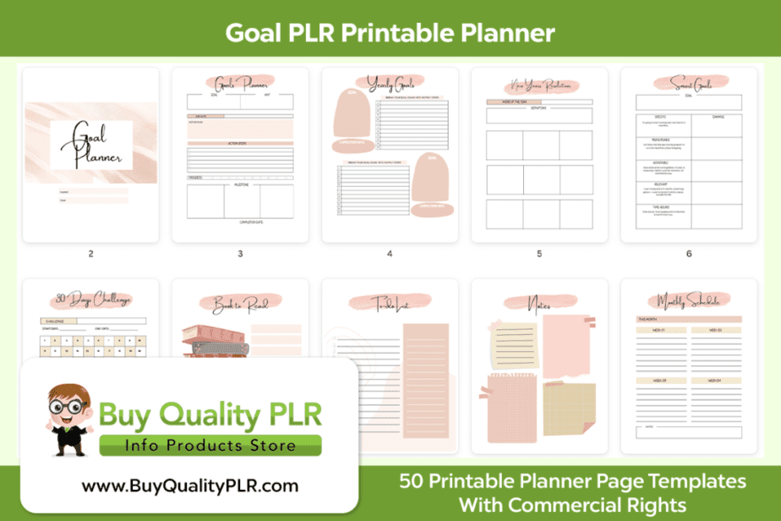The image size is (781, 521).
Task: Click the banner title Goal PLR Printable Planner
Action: pos(390,32)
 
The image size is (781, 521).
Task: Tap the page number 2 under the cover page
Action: pos(90,253)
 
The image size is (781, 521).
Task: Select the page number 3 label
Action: pos(240,253)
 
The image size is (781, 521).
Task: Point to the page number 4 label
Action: pos(390,253)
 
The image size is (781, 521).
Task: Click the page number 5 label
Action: pos(539,253)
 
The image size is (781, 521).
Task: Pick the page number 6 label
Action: pos(689,253)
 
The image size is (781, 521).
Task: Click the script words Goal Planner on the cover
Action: pos(90,145)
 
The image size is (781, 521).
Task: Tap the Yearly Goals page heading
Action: pos(390,83)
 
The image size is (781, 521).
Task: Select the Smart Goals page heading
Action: pos(689,83)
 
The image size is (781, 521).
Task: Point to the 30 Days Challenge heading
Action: pos(90,299)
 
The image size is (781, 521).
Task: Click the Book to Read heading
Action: pos(240,302)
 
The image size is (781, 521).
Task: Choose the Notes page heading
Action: pos(539,302)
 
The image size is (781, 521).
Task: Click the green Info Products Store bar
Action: pos(210,446)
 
